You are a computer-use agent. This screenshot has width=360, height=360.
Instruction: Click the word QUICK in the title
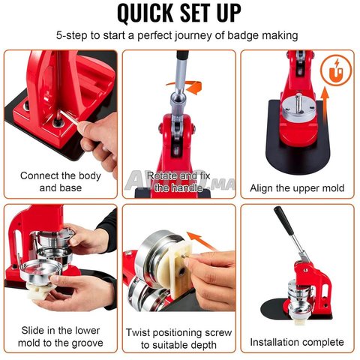tap(145, 13)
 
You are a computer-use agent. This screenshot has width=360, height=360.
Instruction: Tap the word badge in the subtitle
tap(243, 35)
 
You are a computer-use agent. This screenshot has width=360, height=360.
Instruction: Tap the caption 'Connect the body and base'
tap(61, 181)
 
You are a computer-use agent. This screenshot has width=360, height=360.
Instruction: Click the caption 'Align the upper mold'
tap(297, 188)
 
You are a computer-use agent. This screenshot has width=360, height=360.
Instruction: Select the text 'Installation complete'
tap(297, 342)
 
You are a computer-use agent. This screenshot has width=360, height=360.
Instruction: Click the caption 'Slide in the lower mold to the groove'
tap(61, 337)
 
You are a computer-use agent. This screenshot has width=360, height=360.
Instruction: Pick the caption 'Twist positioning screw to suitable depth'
tap(178, 339)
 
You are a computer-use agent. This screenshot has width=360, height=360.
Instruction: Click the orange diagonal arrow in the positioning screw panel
tap(201, 241)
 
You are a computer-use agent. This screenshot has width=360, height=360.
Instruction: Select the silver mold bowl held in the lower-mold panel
tap(40, 272)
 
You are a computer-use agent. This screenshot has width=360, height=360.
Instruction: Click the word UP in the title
tap(229, 13)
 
